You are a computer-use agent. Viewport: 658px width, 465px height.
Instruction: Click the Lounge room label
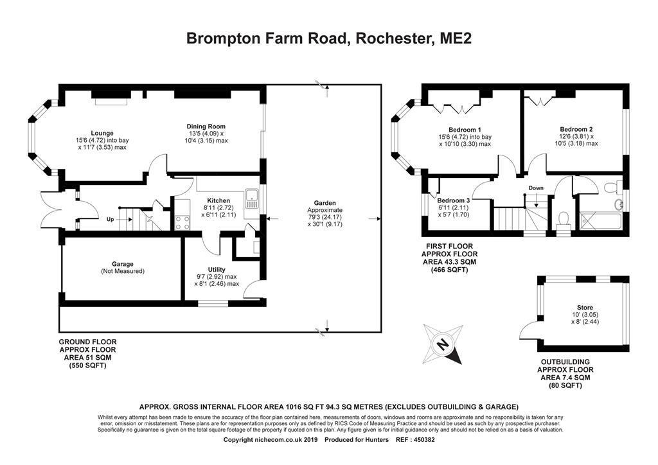pos(102,134)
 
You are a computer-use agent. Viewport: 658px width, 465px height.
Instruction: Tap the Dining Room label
pos(206,127)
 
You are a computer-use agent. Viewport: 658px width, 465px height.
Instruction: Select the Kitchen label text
pos(218,200)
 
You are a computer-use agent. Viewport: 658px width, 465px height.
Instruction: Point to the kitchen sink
pos(252,198)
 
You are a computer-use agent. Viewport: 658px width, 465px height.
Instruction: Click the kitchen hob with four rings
pos(182,222)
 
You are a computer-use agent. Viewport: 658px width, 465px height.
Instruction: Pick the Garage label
pos(123,264)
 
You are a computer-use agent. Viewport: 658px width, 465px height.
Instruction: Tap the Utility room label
pos(217,269)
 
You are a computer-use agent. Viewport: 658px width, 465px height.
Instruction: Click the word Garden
pos(325,203)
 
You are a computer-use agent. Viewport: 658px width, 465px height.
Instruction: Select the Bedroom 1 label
pos(465,130)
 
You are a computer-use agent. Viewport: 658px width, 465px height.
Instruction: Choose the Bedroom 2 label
pos(576,129)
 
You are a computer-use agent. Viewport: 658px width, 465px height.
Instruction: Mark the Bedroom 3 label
pos(453,200)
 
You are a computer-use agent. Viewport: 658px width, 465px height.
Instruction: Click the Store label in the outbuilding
pos(585,308)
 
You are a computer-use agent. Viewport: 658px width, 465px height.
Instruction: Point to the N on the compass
pos(442,344)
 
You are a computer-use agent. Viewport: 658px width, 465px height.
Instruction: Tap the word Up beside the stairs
pos(110,219)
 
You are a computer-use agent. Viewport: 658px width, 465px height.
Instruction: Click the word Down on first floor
pos(536,188)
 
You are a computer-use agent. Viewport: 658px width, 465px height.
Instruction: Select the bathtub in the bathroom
pos(601,221)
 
